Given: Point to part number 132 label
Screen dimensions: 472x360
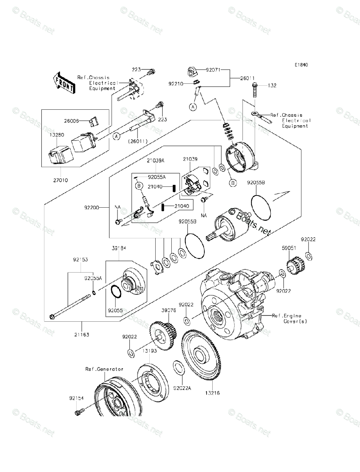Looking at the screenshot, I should (272, 85).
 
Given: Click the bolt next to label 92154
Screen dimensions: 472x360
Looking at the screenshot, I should (77, 412).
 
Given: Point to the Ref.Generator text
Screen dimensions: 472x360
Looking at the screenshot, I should (104, 369).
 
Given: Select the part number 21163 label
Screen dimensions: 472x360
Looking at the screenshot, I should (81, 335).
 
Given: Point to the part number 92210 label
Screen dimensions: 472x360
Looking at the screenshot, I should (177, 84).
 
